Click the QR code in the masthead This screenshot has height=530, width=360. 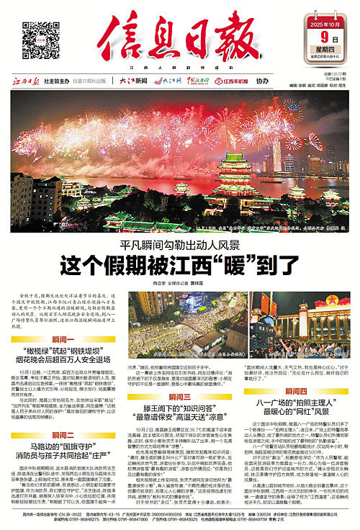click(x=38, y=37)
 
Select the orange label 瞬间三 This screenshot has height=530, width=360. click(x=179, y=396)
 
